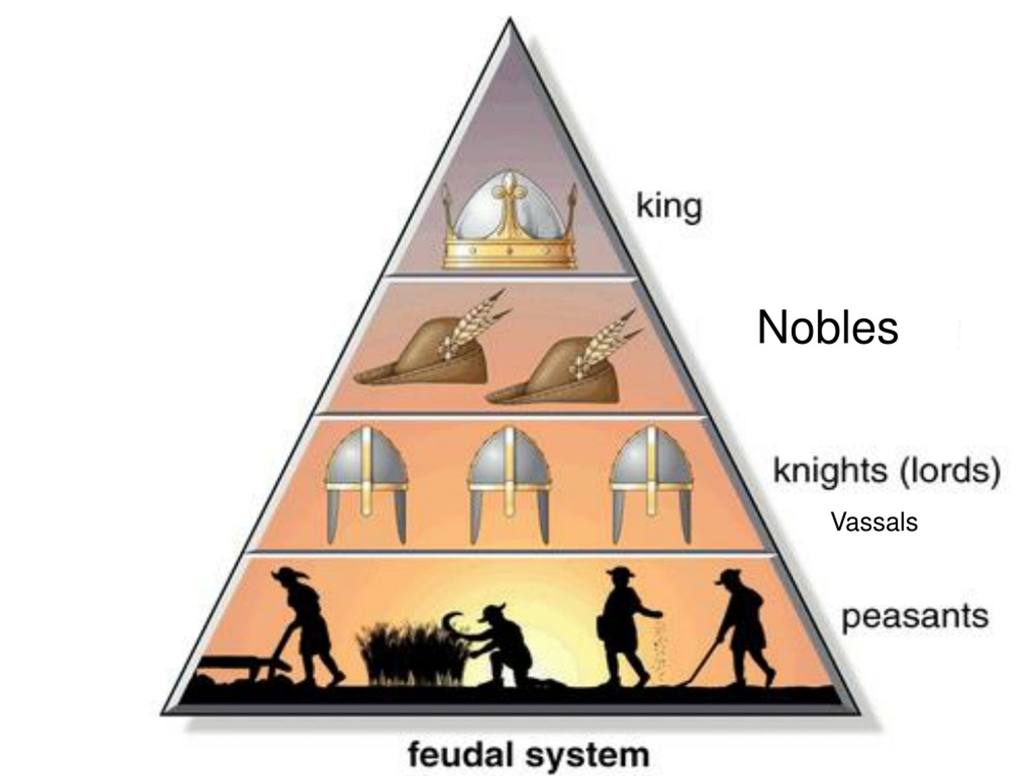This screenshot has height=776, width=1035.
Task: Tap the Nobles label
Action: tap(827, 328)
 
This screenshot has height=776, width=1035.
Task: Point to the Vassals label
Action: tap(874, 522)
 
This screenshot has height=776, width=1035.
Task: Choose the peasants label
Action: tap(915, 618)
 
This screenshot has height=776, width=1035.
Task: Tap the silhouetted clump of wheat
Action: tap(412, 652)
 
